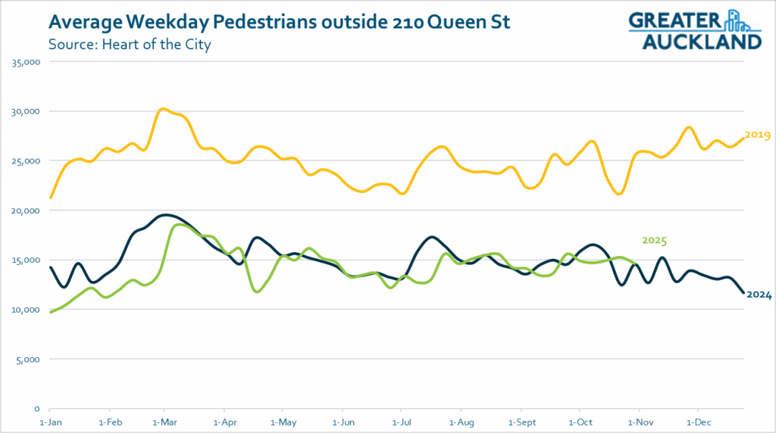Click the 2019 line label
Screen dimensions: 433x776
758,136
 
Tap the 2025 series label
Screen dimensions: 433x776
654,241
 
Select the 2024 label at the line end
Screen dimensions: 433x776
759,295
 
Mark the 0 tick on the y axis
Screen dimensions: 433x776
36,409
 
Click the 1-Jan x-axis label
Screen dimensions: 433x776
50,420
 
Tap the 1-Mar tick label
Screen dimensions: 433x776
166,420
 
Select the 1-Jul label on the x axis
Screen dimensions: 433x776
402,420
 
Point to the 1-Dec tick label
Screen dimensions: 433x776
697,420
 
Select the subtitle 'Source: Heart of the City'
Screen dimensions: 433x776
129,44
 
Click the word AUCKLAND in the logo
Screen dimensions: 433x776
702,41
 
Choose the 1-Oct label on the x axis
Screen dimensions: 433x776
580,420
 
